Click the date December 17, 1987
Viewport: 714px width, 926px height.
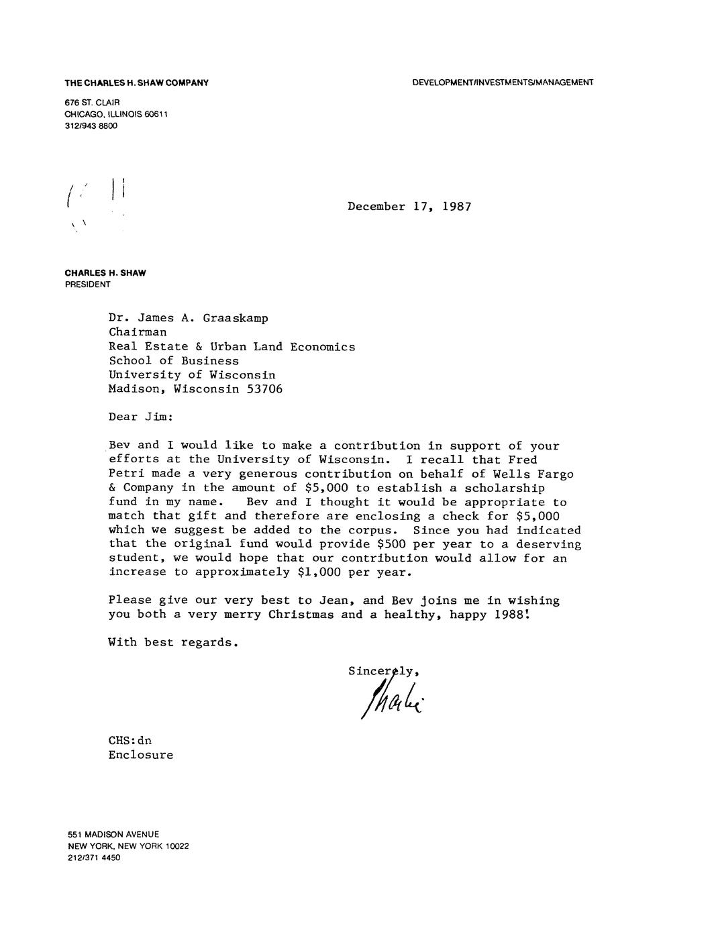(x=409, y=207)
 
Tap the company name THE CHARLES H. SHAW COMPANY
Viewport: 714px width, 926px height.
(x=136, y=83)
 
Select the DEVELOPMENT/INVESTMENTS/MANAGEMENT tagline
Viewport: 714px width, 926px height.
(x=503, y=83)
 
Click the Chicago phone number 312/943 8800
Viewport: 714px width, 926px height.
(x=91, y=126)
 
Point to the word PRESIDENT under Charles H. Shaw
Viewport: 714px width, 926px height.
(x=87, y=284)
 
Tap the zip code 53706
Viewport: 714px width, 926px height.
(x=265, y=389)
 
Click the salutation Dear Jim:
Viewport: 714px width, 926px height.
(x=141, y=417)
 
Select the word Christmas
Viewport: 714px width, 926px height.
(x=301, y=615)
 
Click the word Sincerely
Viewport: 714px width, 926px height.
(x=384, y=670)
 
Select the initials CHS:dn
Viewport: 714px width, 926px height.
(x=130, y=741)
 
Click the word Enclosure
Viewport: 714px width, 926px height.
(x=141, y=755)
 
